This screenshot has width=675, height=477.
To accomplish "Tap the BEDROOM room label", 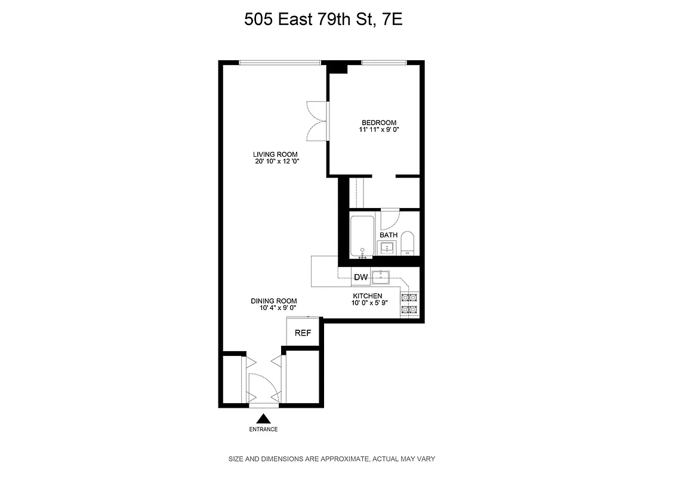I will [378, 123].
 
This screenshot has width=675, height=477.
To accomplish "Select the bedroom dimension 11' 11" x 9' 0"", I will [378, 129].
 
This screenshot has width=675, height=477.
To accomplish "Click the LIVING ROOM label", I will [275, 154].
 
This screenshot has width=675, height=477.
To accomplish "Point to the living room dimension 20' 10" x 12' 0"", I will [275, 161].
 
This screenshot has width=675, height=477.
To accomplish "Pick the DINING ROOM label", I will [273, 301].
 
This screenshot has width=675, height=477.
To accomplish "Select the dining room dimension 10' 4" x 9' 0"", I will [273, 308].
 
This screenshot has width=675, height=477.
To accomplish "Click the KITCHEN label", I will [367, 296].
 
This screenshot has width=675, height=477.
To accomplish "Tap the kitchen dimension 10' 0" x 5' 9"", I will [369, 303].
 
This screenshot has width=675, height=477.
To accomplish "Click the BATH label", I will [389, 235].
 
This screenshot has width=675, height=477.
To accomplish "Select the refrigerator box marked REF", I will [303, 333].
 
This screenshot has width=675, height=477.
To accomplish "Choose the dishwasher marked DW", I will [360, 277].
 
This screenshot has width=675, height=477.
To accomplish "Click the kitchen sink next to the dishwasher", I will [381, 277].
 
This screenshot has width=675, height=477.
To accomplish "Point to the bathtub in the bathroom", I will [362, 237].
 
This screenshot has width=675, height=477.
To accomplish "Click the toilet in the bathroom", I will [408, 243].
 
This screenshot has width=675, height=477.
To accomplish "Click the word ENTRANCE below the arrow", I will [263, 429].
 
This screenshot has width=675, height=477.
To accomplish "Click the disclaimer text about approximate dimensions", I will [332, 459].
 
